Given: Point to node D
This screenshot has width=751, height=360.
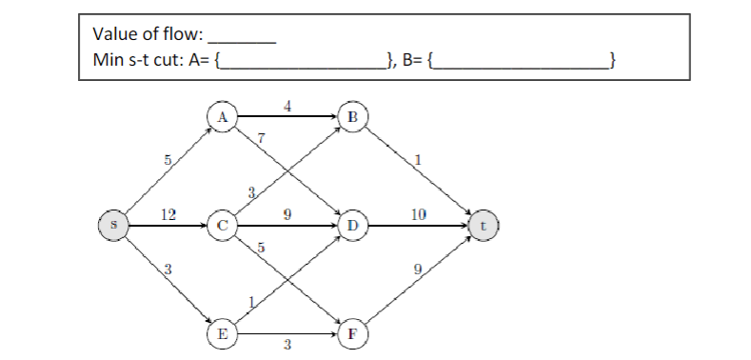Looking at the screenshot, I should click(x=353, y=227).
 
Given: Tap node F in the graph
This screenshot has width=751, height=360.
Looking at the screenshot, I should click(x=353, y=335).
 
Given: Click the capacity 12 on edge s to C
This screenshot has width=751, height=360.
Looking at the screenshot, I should click(x=168, y=215).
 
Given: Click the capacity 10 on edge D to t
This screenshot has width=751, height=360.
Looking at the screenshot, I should click(x=419, y=215).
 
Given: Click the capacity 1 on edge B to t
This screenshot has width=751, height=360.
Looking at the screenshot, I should click(x=417, y=159).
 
